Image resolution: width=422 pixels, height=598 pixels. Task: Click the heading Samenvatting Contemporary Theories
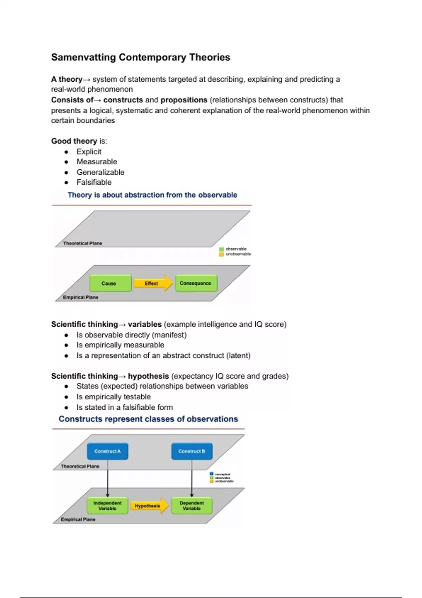tap(140, 57)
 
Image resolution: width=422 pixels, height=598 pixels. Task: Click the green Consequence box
tap(196, 283)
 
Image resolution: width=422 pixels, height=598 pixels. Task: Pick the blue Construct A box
tap(108, 451)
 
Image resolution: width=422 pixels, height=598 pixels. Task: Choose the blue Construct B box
tap(192, 451)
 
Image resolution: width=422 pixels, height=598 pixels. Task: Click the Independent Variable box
tap(107, 506)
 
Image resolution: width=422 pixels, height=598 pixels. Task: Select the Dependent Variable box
tap(192, 506)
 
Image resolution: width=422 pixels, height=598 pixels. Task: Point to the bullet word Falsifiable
tap(94, 182)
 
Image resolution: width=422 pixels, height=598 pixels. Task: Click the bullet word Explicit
tap(89, 152)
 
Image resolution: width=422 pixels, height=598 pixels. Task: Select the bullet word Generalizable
tap(101, 172)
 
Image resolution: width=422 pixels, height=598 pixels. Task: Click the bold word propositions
tap(184, 100)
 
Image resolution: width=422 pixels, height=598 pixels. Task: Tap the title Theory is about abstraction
tap(152, 195)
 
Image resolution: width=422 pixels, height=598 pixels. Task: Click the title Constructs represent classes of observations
tap(148, 419)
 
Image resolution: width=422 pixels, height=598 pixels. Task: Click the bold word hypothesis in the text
tap(148, 376)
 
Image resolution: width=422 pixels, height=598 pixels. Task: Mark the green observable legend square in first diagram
tap(222, 249)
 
